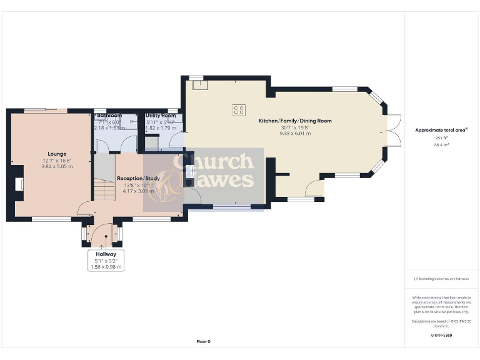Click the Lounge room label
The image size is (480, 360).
click(57, 153)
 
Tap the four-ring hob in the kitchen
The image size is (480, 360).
click(239, 109)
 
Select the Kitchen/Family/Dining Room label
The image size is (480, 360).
click(295, 121)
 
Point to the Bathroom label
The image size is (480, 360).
click(109, 116)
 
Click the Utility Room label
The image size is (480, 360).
click(160, 116)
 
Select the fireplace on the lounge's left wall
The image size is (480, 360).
click(19, 184)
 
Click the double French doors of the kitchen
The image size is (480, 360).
click(392, 132)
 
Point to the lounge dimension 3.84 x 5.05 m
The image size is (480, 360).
click(57, 166)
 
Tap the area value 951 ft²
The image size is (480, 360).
click(442, 138)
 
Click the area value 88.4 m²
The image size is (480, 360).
click(442, 144)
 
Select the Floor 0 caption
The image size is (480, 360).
click(204, 341)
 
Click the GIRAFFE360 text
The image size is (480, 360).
click(441, 336)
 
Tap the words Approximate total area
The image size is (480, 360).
click(441, 130)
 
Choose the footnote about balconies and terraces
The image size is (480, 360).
click(441, 279)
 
